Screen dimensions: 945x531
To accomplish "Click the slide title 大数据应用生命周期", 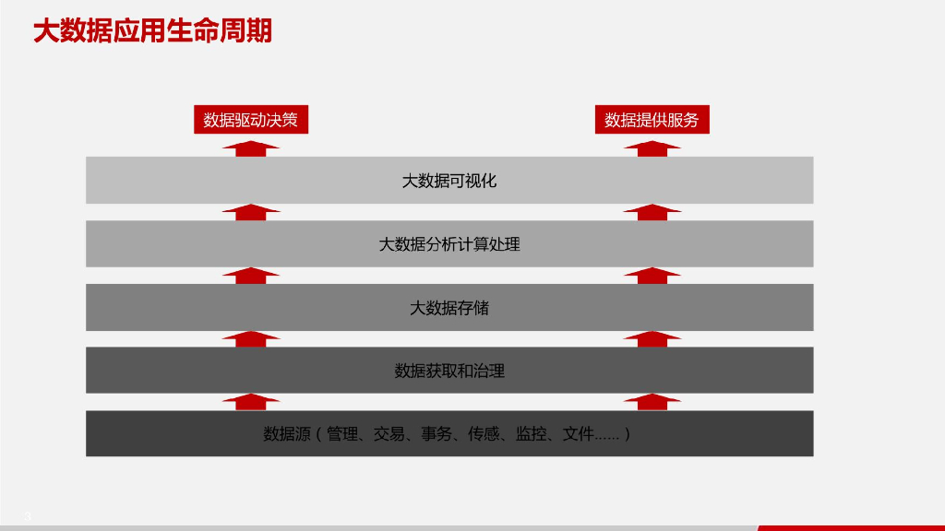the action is (152, 32).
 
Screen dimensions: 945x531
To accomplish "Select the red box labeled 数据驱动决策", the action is (251, 120).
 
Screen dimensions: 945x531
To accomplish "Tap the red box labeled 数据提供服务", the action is (652, 120).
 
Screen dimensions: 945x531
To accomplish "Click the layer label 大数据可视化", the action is (449, 181).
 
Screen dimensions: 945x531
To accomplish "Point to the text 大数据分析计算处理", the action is (449, 244).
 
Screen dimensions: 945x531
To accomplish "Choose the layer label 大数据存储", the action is (449, 308).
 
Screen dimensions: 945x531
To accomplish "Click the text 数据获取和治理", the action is (449, 372).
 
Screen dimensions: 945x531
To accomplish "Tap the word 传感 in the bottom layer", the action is (484, 434).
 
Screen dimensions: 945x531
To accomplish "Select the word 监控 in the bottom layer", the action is (531, 434).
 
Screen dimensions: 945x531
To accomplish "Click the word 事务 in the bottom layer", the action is (437, 434).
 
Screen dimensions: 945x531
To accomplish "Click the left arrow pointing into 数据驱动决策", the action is (251, 149).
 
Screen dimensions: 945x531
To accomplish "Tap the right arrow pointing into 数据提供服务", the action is (652, 149).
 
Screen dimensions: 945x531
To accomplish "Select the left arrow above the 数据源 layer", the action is (251, 402).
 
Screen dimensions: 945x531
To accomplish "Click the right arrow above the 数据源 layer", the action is (652, 402).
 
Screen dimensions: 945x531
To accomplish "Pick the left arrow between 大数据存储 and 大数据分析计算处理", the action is (251, 276).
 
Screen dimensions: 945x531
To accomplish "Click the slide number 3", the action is (28, 516).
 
